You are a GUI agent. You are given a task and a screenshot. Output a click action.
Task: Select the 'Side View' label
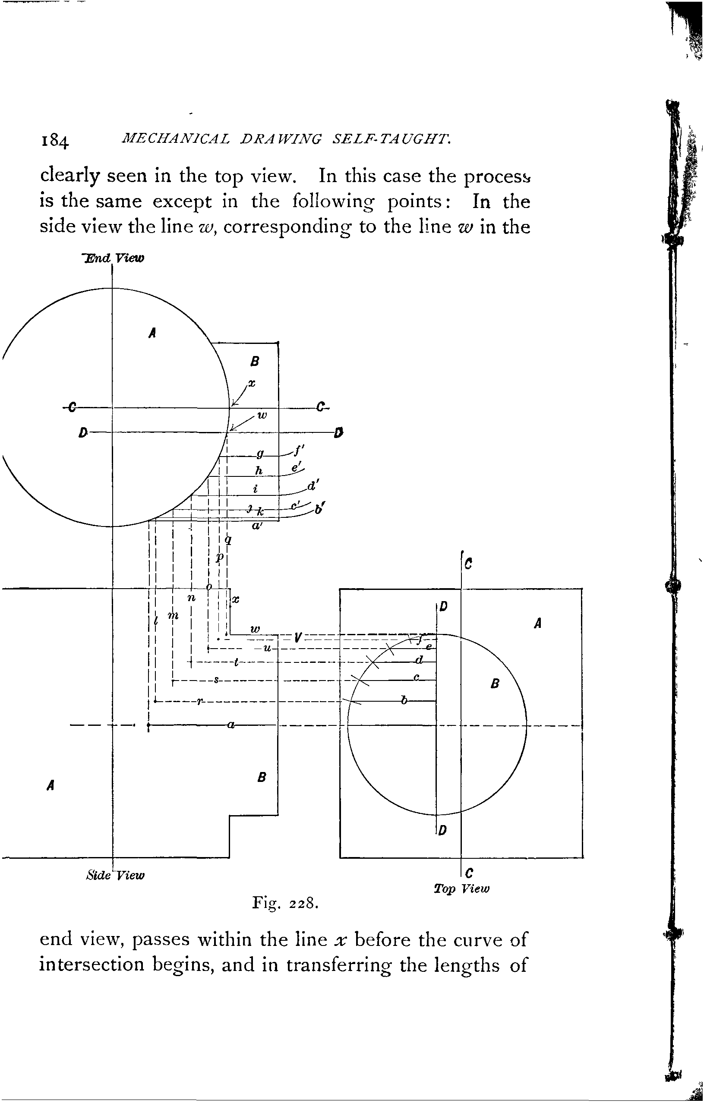point(115,875)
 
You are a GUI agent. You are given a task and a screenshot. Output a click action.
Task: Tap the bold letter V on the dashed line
point(298,637)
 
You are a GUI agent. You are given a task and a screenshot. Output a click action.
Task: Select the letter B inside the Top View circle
point(494,684)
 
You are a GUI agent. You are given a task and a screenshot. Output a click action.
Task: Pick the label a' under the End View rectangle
point(256,526)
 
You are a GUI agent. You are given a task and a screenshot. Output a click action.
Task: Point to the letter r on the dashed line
point(199,701)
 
